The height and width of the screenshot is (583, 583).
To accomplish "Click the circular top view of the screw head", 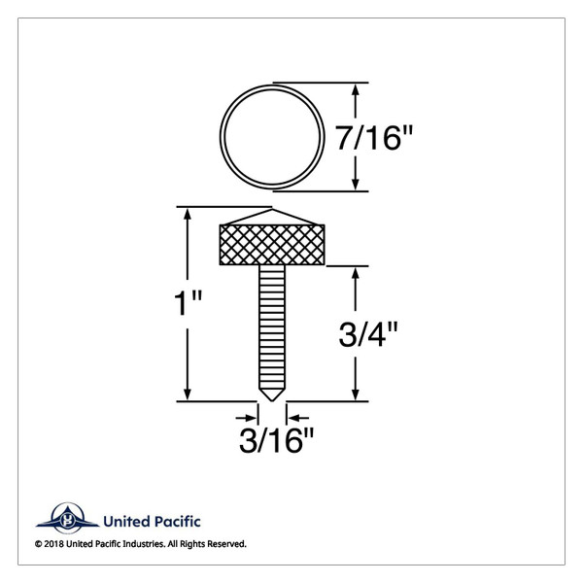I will click(271, 138).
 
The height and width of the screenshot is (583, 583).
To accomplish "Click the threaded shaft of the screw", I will click(272, 326).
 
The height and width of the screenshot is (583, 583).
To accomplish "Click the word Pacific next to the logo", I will click(179, 522).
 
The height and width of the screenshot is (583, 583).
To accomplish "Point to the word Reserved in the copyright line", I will click(224, 544).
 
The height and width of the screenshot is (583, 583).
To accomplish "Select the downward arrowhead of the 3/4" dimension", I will click(359, 393).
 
